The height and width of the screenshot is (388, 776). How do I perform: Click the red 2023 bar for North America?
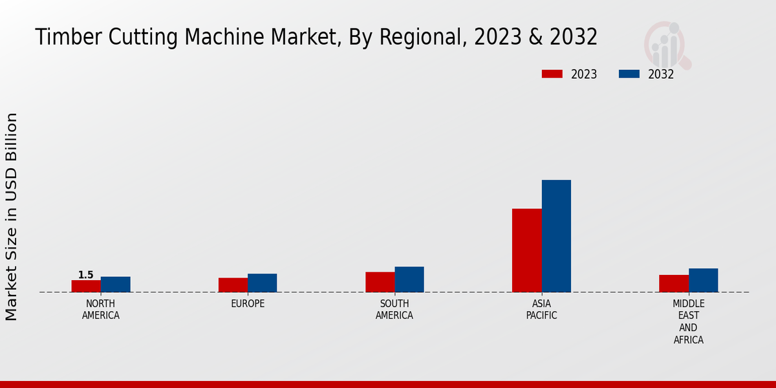[x=86, y=286]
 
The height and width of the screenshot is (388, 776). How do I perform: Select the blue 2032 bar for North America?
[x=115, y=285]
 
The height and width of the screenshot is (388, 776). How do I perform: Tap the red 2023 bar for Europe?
[x=233, y=285]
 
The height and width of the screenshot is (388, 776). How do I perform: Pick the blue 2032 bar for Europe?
[x=262, y=283]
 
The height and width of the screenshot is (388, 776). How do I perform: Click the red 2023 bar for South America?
[x=380, y=282]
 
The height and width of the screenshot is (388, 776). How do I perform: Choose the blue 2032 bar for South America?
[x=409, y=279]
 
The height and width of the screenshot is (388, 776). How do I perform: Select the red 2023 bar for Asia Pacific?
[x=526, y=250]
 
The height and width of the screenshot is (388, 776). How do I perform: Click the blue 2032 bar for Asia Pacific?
[x=556, y=236]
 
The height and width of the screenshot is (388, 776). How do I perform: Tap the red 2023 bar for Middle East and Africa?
[x=674, y=283]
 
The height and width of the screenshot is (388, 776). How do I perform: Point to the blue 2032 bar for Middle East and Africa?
[x=703, y=280]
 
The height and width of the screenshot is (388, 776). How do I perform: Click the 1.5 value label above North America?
[x=86, y=275]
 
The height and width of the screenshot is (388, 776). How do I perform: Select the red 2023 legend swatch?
[x=552, y=74]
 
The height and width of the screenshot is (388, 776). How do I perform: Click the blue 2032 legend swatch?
[x=629, y=74]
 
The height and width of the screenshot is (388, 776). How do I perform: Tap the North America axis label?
[x=101, y=310]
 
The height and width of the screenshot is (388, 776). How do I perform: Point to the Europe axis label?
[x=248, y=304]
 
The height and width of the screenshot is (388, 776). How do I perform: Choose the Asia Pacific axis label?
[x=541, y=310]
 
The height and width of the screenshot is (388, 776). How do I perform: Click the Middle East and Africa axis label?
[x=688, y=321]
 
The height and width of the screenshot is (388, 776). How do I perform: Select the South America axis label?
[x=394, y=310]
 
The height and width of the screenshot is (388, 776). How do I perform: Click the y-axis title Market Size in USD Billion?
[x=12, y=217]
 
